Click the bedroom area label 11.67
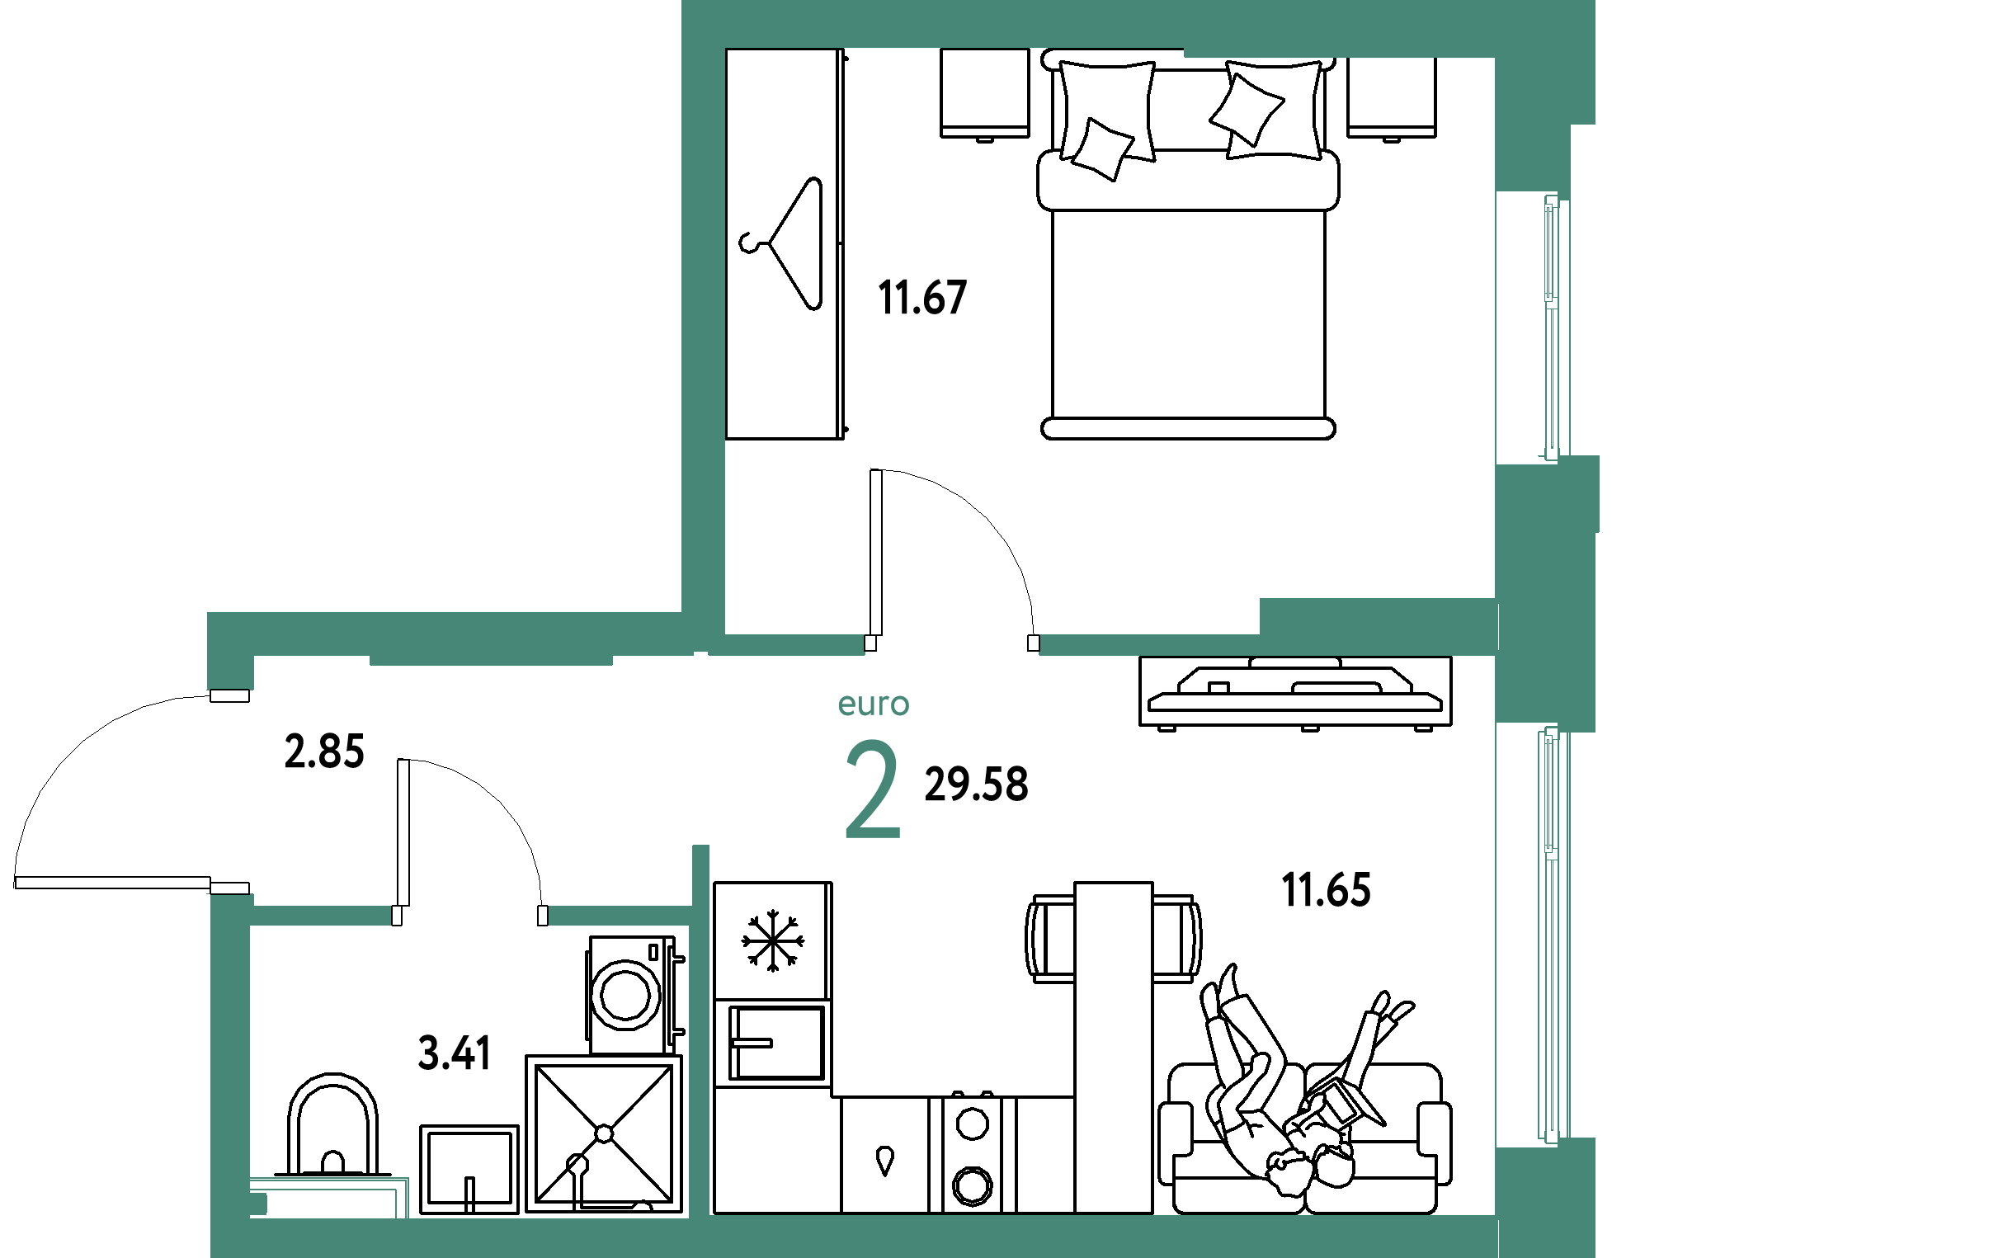(921, 297)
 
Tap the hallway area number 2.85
(323, 752)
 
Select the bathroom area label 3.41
(455, 1053)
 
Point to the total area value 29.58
(976, 784)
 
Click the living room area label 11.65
(1326, 890)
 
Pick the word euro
(873, 704)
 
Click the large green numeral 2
(872, 789)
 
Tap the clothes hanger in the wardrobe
(781, 243)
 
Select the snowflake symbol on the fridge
(772, 940)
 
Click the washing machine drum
(625, 995)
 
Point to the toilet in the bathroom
(332, 1125)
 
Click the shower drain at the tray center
(604, 1133)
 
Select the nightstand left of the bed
(984, 94)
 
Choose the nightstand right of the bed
(1392, 97)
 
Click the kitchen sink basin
(777, 1044)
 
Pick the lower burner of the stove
(972, 1186)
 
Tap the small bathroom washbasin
(469, 1170)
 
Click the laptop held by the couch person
(1342, 1097)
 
